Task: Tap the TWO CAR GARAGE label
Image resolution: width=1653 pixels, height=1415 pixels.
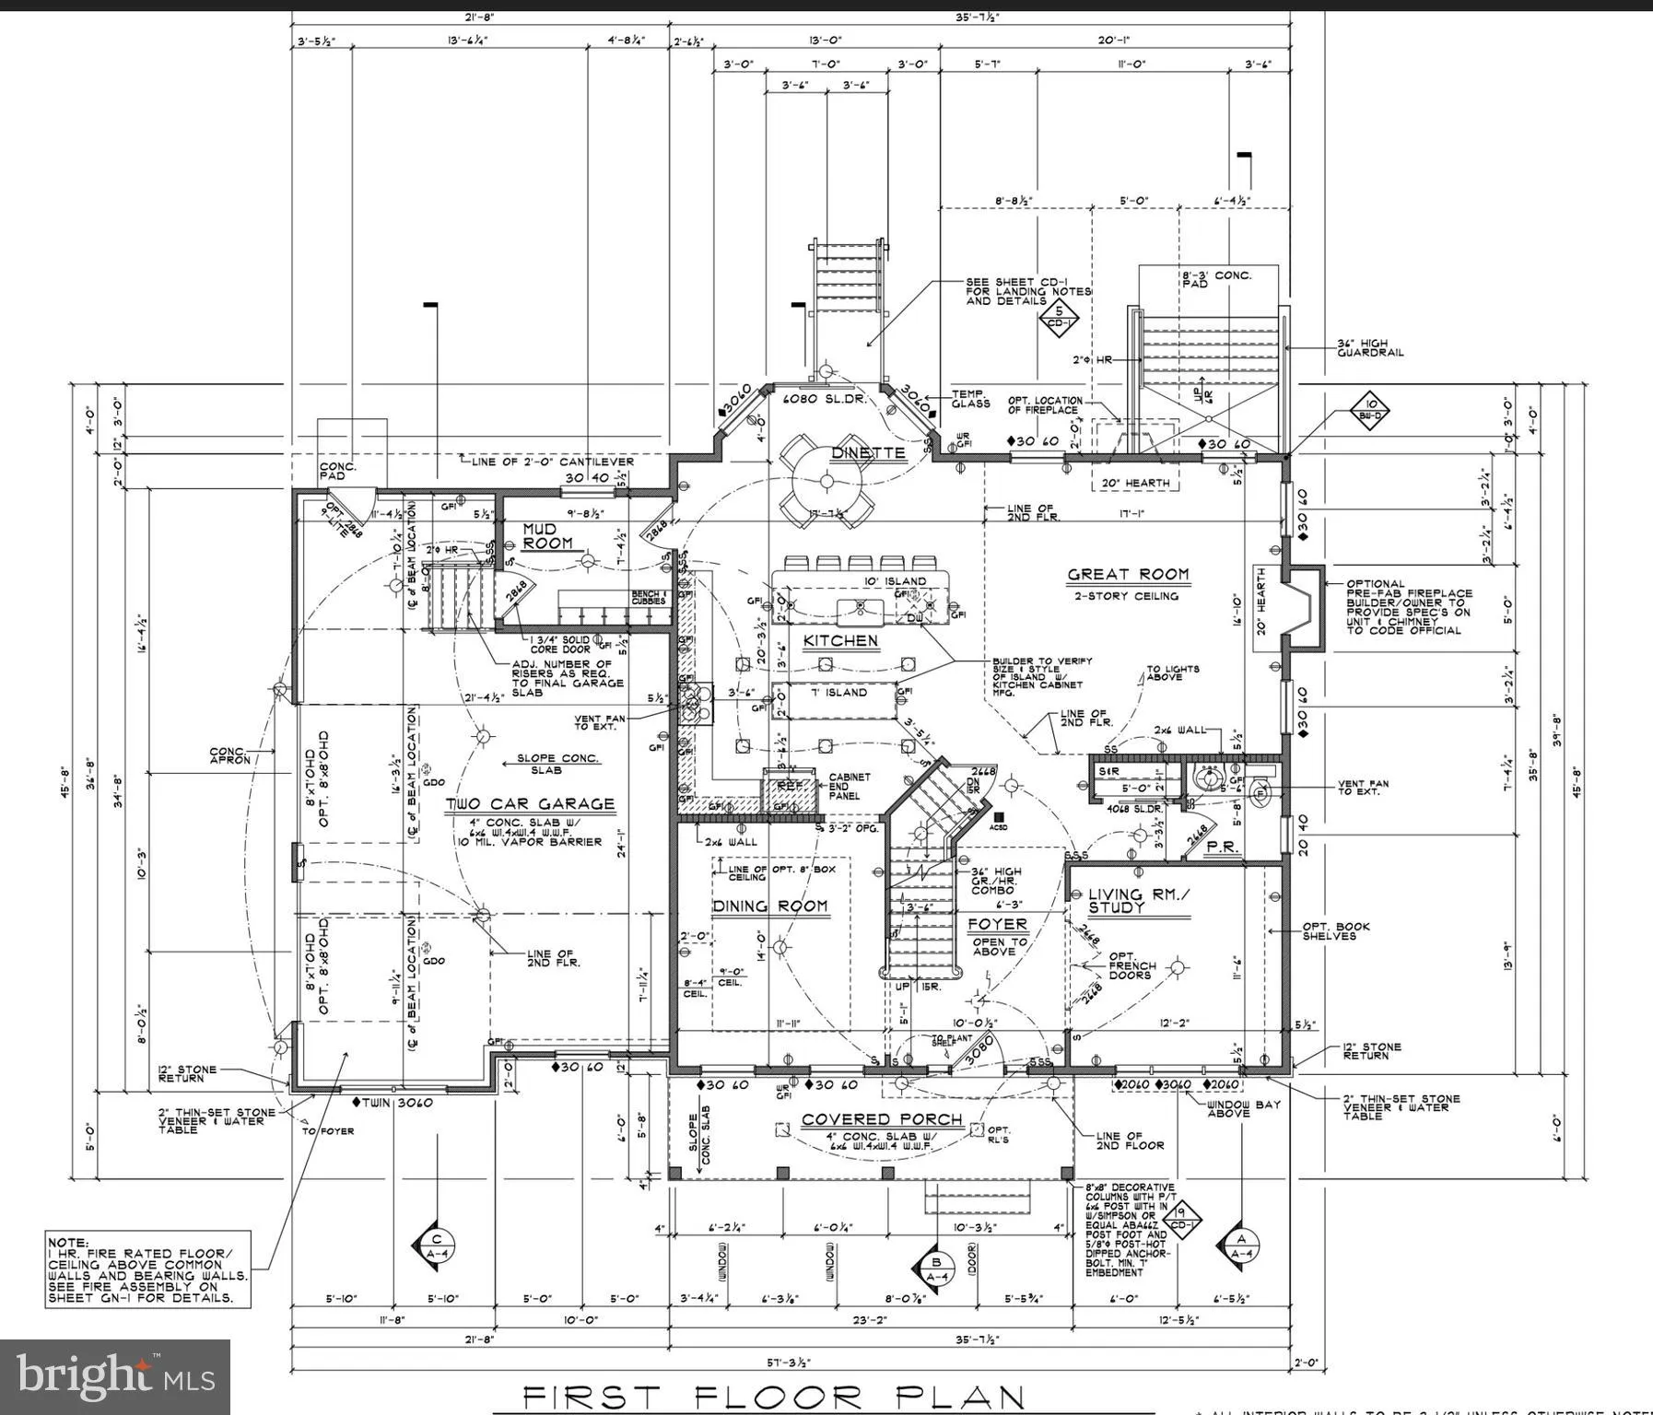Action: point(530,804)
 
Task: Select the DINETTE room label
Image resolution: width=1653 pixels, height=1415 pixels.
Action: point(868,453)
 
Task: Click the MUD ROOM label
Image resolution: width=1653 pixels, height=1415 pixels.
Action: point(547,536)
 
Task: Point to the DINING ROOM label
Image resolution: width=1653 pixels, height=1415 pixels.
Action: point(770,906)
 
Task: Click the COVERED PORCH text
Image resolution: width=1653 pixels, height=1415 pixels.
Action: point(882,1119)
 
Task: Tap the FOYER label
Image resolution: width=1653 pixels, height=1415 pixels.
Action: point(997,924)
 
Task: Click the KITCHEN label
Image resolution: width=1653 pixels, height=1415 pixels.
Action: point(840,640)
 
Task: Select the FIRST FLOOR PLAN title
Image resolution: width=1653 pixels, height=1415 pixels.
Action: point(774,1396)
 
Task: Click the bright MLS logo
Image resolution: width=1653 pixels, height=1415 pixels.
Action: point(115,1376)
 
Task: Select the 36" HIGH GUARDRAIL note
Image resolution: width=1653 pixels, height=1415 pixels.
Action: point(1370,347)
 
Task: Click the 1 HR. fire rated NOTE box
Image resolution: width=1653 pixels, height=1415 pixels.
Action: point(148,1269)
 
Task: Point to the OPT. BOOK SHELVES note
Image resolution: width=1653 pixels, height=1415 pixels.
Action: point(1329,930)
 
